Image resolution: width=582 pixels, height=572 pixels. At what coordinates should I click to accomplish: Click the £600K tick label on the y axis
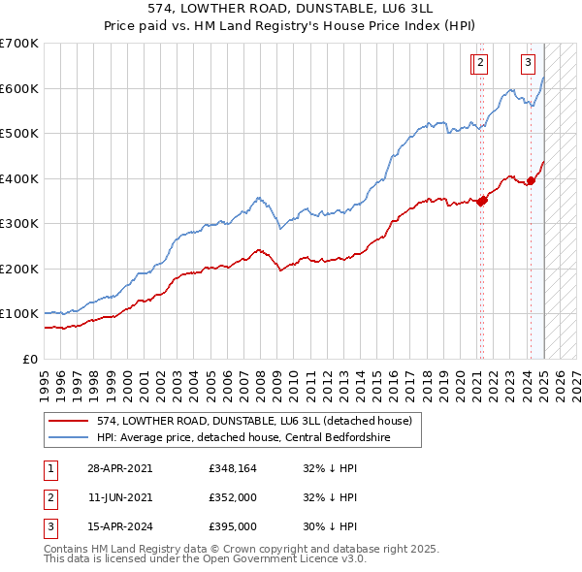(19, 88)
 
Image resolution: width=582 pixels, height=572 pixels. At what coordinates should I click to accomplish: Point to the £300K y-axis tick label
(19, 223)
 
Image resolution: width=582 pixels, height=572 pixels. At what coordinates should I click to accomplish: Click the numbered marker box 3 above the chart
(528, 64)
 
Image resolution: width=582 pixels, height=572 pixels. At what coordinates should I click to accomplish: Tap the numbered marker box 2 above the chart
(480, 64)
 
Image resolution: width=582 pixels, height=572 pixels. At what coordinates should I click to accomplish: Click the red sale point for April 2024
(532, 180)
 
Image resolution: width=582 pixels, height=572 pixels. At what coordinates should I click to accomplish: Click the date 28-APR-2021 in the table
(119, 468)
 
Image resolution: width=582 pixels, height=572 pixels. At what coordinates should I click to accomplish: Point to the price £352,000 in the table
(232, 497)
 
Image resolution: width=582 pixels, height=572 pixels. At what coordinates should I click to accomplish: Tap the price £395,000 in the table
(232, 526)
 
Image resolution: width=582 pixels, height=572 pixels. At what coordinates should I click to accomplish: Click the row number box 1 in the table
(48, 468)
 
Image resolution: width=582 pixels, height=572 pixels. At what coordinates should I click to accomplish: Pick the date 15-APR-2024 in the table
(119, 526)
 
